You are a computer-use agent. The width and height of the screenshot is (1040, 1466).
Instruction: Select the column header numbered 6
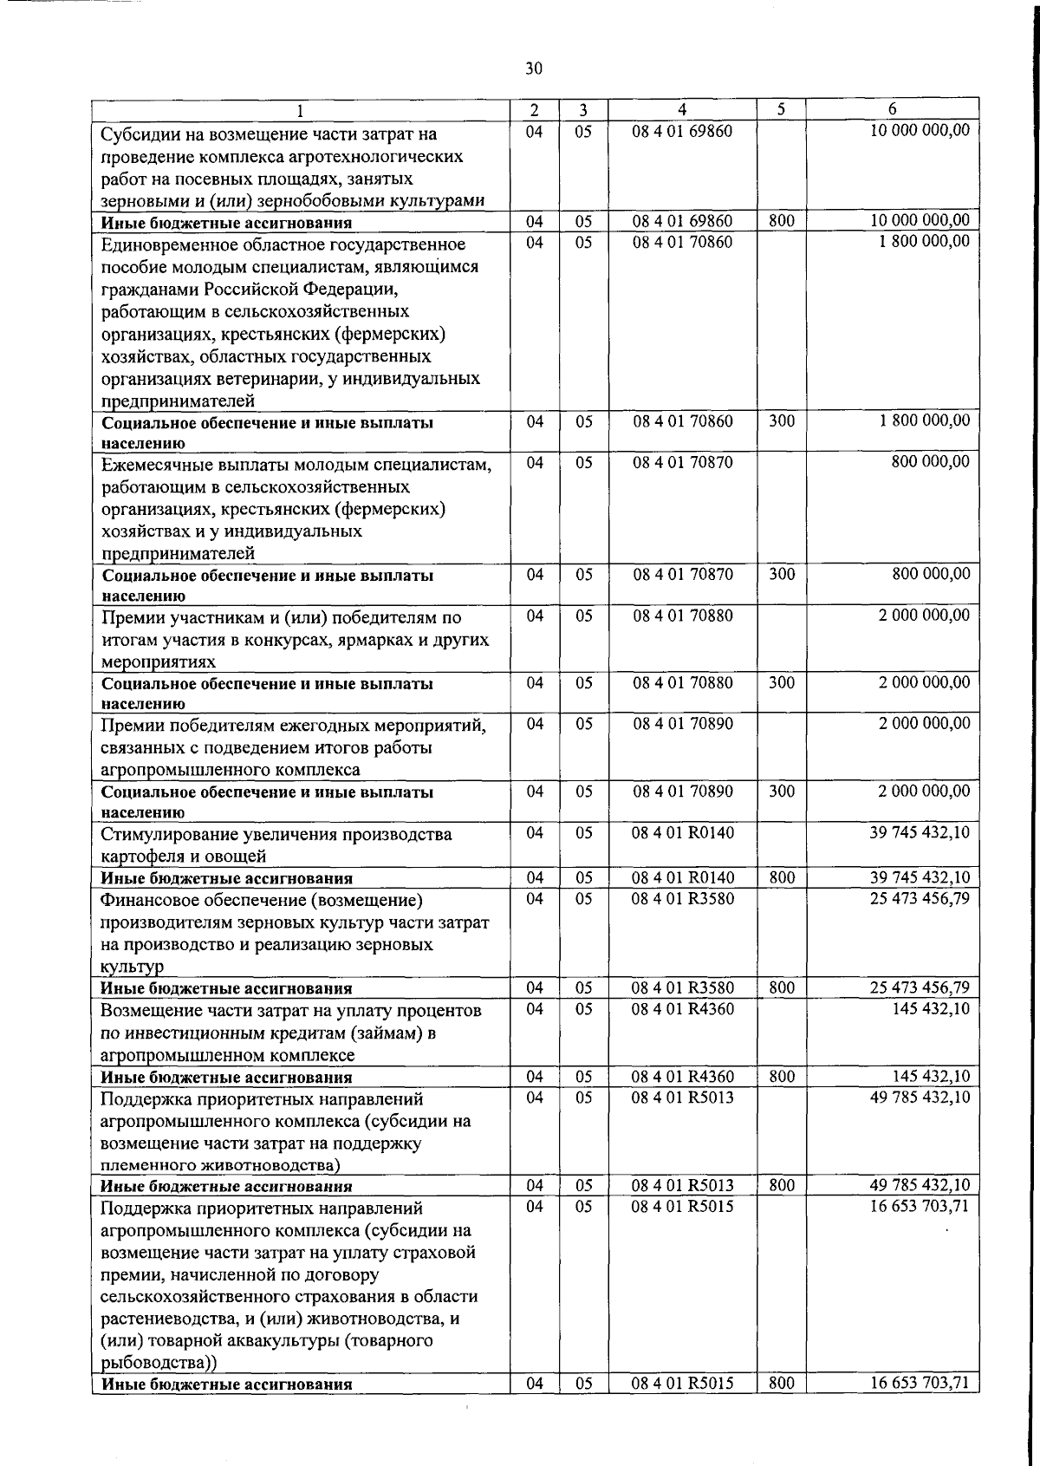pyautogui.click(x=892, y=109)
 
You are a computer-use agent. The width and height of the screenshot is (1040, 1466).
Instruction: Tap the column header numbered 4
pyautogui.click(x=682, y=109)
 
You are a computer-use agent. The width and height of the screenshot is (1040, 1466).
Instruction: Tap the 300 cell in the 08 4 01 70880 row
pyautogui.click(x=781, y=683)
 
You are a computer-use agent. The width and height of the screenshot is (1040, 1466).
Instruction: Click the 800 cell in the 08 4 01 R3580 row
pyautogui.click(x=781, y=987)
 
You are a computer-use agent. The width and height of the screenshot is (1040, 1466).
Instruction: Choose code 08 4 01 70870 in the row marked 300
pyautogui.click(x=682, y=574)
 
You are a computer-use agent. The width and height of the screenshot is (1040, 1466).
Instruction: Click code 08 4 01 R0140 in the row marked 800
pyautogui.click(x=682, y=877)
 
